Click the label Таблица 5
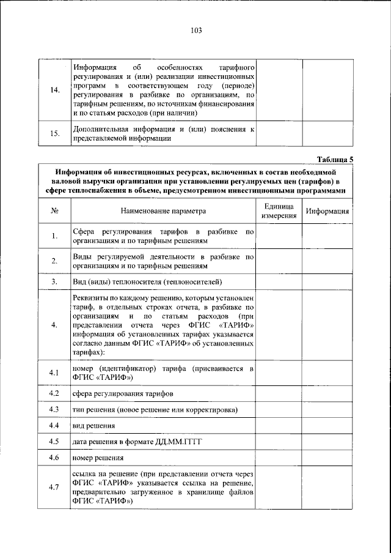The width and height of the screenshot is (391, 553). (334, 160)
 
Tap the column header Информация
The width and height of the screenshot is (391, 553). (328, 212)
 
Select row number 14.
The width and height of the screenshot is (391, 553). (54, 91)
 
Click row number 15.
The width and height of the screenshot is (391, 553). (54, 134)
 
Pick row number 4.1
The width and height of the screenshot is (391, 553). (54, 373)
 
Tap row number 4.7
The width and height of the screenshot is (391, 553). (54, 487)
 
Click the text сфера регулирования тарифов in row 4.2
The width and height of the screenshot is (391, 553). (123, 393)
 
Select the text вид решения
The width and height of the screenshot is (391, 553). (93, 425)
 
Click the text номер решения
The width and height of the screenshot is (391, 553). (98, 457)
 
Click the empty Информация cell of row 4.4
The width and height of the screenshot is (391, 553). (328, 425)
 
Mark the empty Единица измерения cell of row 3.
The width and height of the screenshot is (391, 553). (279, 281)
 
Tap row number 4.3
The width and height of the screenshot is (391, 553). (54, 409)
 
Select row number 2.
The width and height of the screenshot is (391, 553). (54, 261)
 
